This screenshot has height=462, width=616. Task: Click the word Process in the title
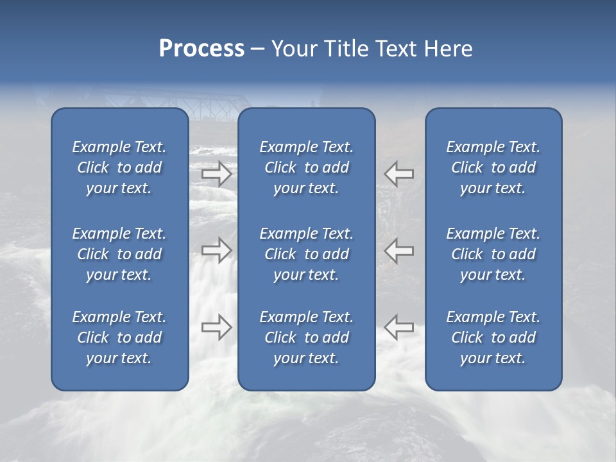(x=201, y=49)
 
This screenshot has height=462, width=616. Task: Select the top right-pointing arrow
(x=216, y=173)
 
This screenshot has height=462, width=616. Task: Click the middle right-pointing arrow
(x=216, y=250)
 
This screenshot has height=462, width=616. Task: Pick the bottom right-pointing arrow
(x=216, y=327)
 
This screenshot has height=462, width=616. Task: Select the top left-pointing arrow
(x=398, y=173)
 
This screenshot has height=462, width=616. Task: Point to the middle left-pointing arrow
(x=398, y=250)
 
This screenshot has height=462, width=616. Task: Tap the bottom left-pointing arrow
(x=398, y=327)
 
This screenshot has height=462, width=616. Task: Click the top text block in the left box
(x=119, y=167)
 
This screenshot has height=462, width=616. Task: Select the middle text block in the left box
(x=119, y=254)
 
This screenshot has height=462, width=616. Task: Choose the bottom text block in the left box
(x=119, y=338)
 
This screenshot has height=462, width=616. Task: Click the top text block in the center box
(x=307, y=167)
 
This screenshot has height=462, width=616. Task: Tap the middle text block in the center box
(x=307, y=254)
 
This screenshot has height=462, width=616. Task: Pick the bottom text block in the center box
(x=307, y=338)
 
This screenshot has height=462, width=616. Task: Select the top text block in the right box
(x=493, y=167)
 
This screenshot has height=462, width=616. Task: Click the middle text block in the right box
(x=493, y=254)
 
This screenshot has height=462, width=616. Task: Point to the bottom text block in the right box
(x=493, y=338)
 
